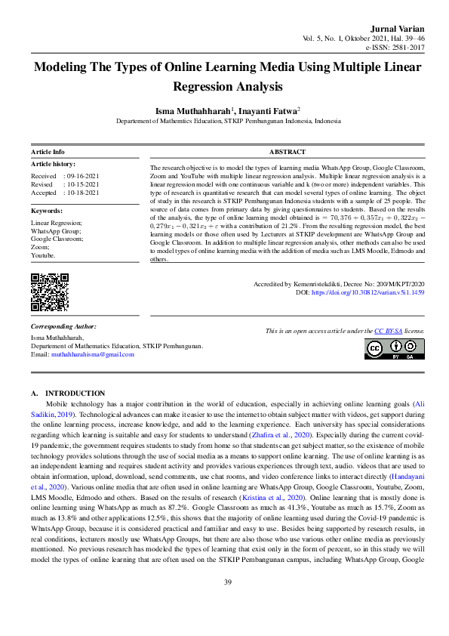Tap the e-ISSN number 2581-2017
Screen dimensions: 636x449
click(406, 46)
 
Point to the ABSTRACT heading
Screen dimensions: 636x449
click(287, 152)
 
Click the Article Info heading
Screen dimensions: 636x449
click(48, 152)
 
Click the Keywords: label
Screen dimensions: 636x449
click(46, 211)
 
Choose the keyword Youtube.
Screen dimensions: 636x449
click(43, 255)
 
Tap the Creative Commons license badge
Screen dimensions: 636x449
click(394, 348)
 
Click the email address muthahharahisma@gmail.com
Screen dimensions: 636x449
click(92, 354)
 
